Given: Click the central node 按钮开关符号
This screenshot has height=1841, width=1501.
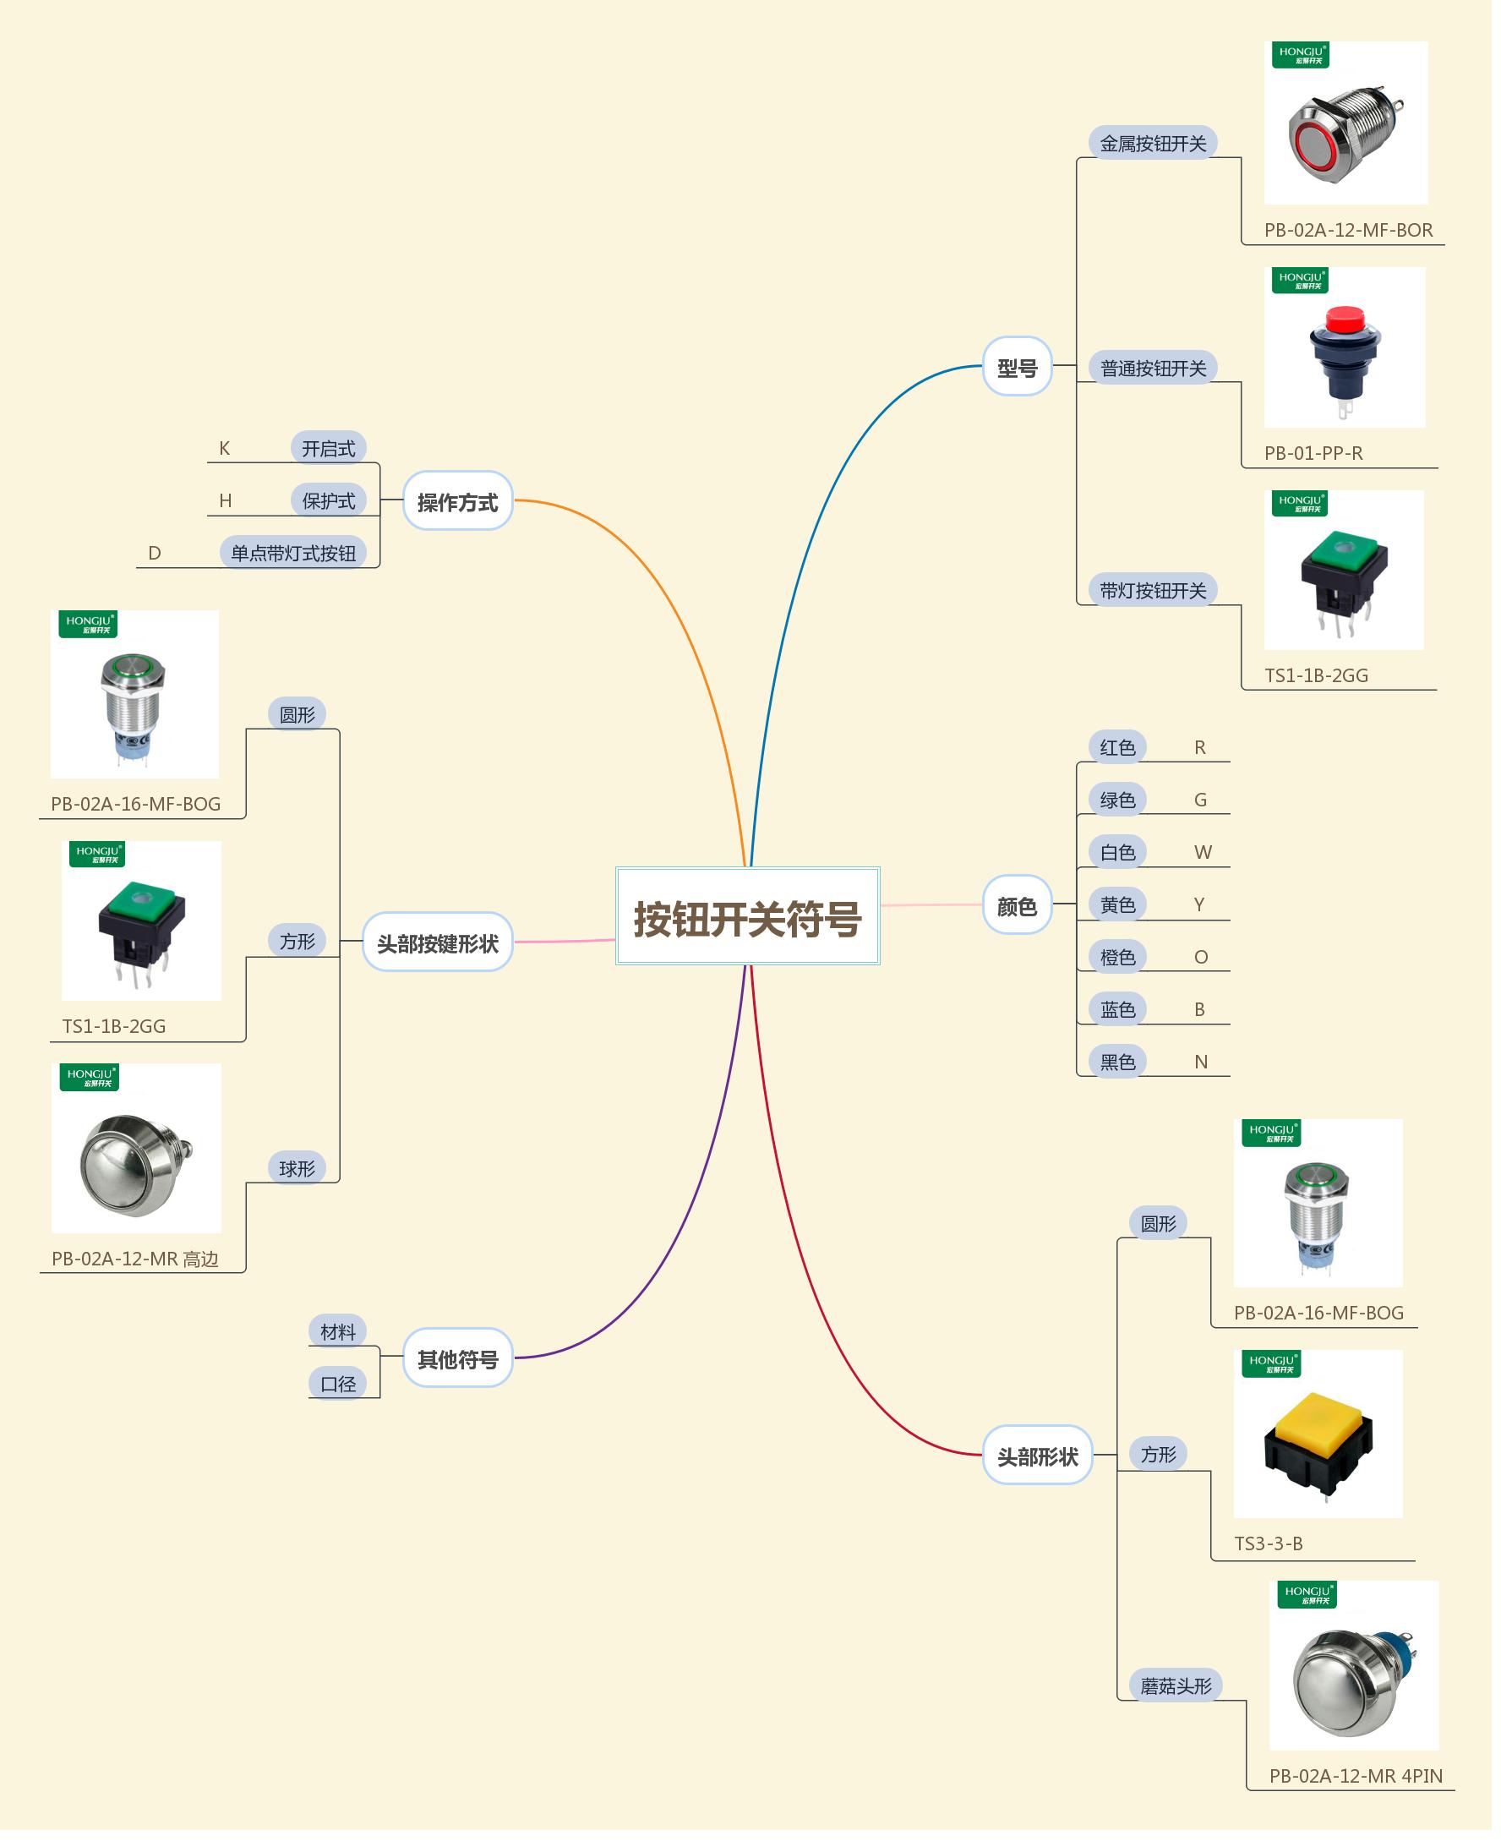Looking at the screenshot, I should [747, 918].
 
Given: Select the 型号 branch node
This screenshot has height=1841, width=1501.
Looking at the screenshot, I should [1017, 368].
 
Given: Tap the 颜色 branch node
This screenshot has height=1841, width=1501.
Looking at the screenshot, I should [1017, 906].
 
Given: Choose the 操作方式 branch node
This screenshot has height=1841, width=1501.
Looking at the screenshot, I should [457, 502].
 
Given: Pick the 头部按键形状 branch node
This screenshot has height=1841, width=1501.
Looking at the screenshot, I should [438, 943].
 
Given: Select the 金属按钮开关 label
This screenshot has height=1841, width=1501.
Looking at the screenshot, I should [1153, 144].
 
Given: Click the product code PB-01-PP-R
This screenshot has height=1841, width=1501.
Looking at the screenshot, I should [1313, 453].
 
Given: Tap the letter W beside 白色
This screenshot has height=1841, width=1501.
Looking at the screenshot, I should [1203, 853].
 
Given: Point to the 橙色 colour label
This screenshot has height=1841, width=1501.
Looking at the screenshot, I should [1117, 957].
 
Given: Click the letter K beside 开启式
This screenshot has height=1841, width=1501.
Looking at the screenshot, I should [225, 448].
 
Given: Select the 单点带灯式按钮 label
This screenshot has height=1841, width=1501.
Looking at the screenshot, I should [293, 554].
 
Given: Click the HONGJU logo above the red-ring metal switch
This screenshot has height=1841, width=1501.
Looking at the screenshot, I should [1301, 54].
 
